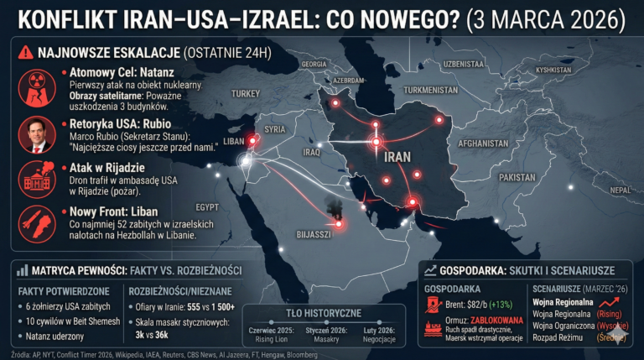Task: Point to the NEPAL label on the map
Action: tap(620, 190)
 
